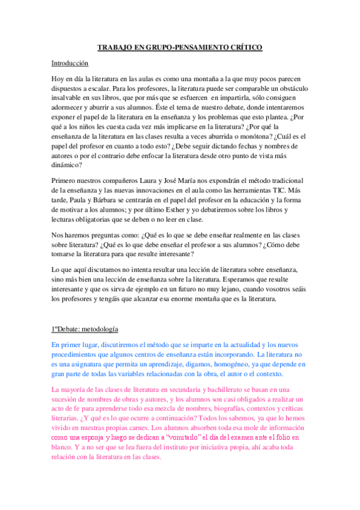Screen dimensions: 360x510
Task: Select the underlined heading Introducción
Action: point(70,63)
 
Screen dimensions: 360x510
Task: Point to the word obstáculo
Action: point(288,88)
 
